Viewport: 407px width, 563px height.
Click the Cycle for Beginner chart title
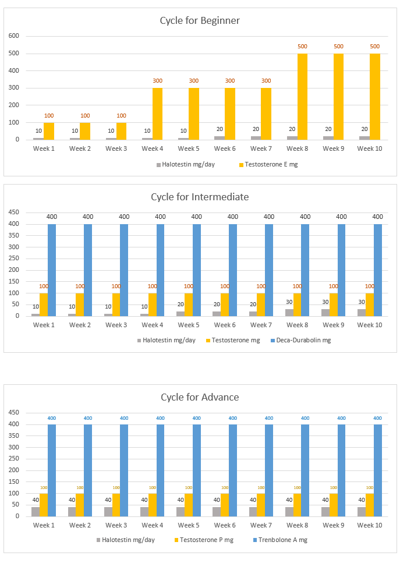click(200, 20)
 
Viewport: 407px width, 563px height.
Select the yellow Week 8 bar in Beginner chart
click(303, 97)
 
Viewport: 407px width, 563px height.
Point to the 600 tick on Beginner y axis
click(14, 36)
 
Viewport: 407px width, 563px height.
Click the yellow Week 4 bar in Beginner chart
click(157, 114)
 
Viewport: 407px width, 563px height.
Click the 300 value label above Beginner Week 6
click(230, 81)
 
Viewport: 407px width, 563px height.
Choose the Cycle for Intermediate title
click(200, 197)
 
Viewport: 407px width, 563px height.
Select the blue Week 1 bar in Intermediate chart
click(52, 270)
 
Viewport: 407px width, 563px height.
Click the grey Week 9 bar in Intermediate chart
click(325, 313)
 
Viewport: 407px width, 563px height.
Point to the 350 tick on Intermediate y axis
click(14, 236)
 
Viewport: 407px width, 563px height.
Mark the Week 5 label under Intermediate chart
click(188, 325)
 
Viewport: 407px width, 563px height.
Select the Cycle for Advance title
click(200, 397)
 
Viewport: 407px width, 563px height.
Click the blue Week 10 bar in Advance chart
click(378, 470)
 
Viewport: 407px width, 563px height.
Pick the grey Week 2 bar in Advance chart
click(72, 512)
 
